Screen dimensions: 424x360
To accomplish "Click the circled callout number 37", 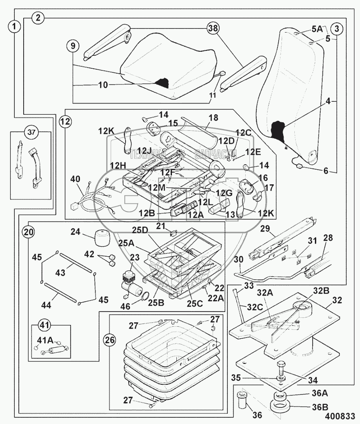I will [x=31, y=132].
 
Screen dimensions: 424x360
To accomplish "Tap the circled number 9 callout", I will [x=73, y=46].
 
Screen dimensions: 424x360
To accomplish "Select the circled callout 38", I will [x=213, y=29].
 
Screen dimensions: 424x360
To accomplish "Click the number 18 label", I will [x=213, y=117].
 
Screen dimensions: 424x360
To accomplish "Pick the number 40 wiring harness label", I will [x=75, y=179].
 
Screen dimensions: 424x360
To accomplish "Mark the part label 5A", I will [x=317, y=29].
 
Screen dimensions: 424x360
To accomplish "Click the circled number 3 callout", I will [x=337, y=29].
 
